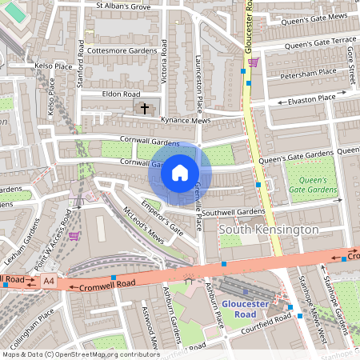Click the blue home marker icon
click(180, 172)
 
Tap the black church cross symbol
click(145, 107)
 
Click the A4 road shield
click(49, 281)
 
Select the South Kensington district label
click(268, 230)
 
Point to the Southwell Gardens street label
click(233, 212)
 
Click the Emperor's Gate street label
click(162, 216)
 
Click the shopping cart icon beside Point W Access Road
click(74, 236)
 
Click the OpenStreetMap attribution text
click(80, 354)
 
